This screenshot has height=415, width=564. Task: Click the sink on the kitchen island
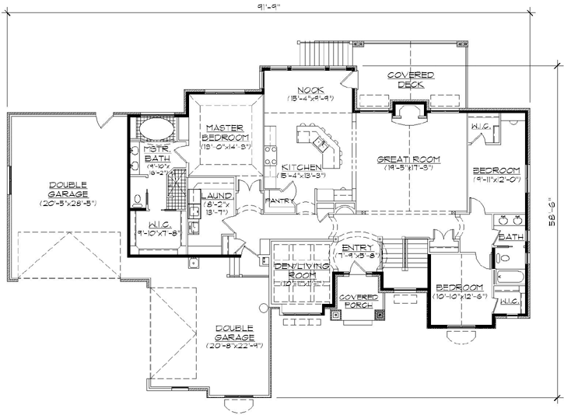[321, 141]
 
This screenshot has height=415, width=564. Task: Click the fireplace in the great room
[409, 113]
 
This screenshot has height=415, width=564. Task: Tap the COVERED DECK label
[411, 79]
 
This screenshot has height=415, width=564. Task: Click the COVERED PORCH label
[358, 302]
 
